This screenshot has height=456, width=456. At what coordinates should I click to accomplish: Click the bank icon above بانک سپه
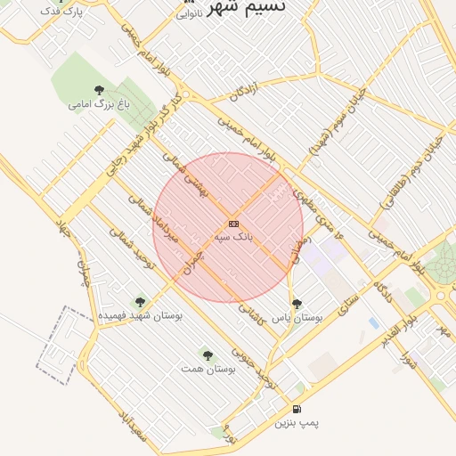pyautogui.click(x=233, y=224)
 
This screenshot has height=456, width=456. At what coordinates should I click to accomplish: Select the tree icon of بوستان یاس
pyautogui.click(x=297, y=304)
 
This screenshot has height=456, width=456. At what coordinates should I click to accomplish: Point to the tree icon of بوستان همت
pyautogui.click(x=208, y=355)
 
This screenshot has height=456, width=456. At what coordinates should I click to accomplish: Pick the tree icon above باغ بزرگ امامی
pyautogui.click(x=99, y=90)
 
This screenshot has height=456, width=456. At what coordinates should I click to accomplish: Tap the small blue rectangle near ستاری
pyautogui.click(x=372, y=322)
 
